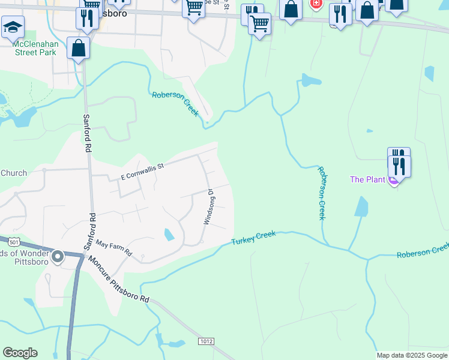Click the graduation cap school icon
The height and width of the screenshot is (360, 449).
[13, 27]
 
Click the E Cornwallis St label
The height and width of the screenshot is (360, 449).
[142, 172]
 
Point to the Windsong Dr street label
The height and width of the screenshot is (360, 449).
[209, 207]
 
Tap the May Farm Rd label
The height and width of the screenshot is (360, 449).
[113, 249]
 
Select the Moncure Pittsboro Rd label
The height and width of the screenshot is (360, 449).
[119, 280]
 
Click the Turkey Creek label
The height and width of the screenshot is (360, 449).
[253, 238]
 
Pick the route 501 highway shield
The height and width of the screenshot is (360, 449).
[14, 242]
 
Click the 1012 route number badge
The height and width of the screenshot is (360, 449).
[206, 341]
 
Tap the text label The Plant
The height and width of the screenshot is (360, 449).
[367, 179]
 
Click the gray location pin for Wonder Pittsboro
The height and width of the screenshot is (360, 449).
[58, 257]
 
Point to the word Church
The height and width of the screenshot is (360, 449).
[13, 173]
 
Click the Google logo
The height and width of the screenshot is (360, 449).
[20, 353]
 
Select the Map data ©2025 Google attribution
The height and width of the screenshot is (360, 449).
[411, 355]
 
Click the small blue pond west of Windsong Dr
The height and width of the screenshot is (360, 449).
[169, 234]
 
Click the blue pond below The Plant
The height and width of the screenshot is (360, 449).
[361, 207]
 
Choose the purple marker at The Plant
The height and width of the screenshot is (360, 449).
[394, 179]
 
